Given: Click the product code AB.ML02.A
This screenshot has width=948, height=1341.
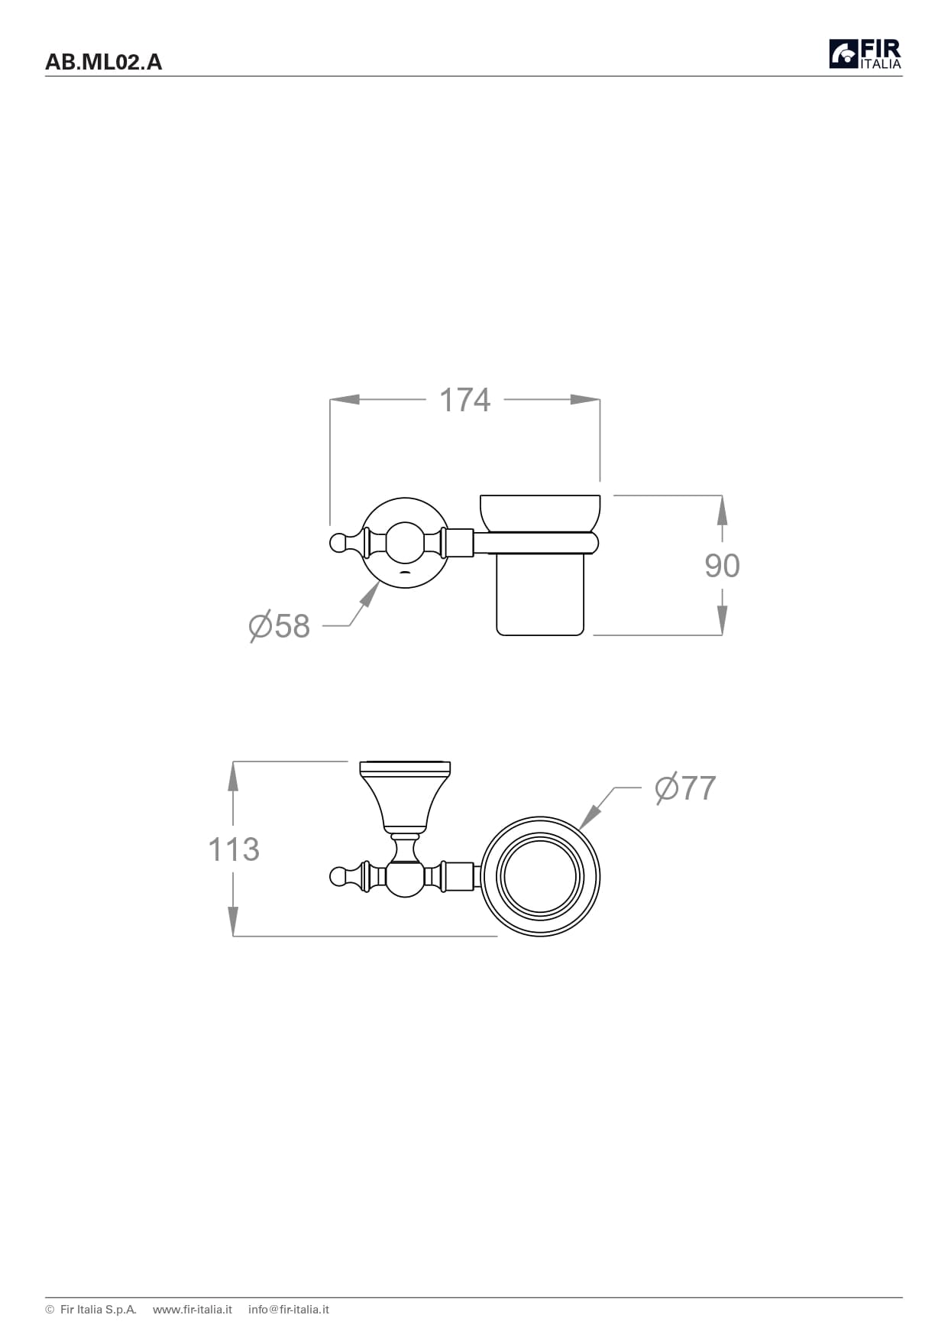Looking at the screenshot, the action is [x=104, y=62].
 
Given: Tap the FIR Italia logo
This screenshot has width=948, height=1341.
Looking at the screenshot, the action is [x=865, y=54].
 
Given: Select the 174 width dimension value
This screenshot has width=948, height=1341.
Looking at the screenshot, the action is [x=465, y=400].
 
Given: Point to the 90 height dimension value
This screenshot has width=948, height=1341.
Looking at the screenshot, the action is [x=722, y=566].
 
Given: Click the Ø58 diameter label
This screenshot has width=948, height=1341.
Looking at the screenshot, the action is [x=280, y=626].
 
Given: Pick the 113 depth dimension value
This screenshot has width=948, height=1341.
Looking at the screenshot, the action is [x=234, y=849].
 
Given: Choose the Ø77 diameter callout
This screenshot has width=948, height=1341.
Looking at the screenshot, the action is [x=685, y=788].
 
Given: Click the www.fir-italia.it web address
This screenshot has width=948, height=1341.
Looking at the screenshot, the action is [x=193, y=1309].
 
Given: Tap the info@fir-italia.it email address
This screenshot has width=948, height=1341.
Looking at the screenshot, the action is [x=289, y=1309].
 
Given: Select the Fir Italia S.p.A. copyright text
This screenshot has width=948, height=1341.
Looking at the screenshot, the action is [x=91, y=1309].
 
